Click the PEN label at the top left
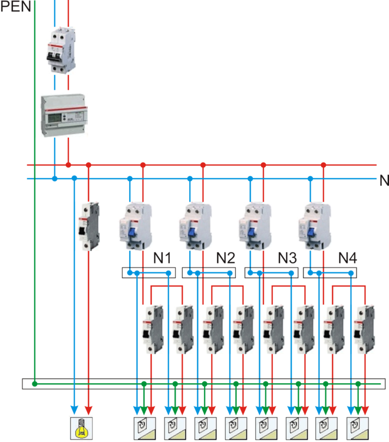point(14,8)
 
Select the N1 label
point(163,258)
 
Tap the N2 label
point(225,258)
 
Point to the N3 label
point(287,258)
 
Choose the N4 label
point(348,258)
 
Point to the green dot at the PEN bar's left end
point(35,384)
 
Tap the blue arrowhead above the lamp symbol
point(74,408)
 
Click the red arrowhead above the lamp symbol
point(88,408)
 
